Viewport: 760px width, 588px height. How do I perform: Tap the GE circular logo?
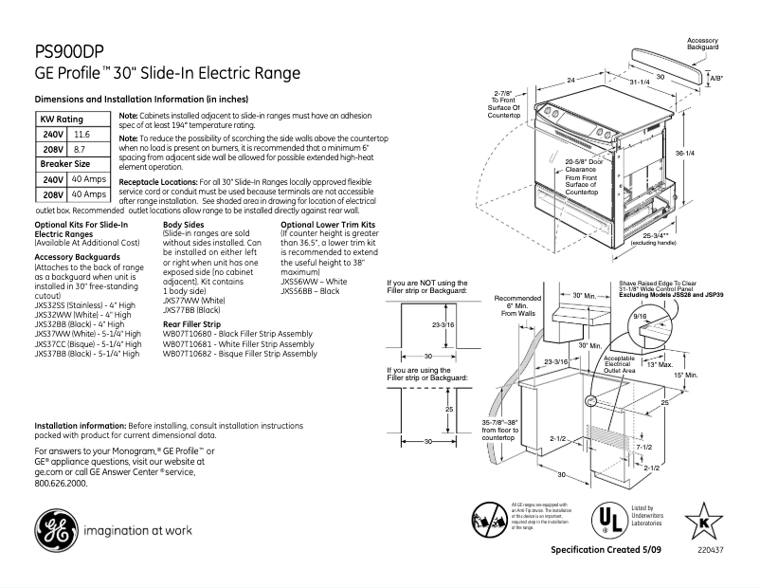(x=58, y=530)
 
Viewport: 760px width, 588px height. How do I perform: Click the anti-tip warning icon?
(x=487, y=518)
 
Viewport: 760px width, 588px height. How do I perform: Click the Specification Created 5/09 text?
(x=604, y=551)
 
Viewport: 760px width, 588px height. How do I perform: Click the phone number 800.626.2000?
(x=60, y=483)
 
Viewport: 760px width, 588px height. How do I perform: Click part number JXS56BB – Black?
(x=310, y=291)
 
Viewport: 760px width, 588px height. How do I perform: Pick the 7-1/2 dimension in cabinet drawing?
(x=643, y=447)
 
